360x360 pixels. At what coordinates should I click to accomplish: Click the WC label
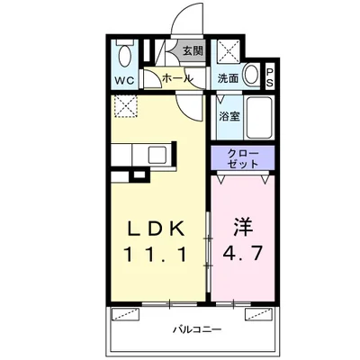click(x=125, y=81)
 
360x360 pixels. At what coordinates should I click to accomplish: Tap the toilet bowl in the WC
click(x=124, y=56)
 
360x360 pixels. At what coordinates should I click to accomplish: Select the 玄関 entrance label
click(x=193, y=50)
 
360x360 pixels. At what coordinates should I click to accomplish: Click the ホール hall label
click(x=177, y=78)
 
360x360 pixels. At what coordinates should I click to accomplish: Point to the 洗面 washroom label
click(x=228, y=78)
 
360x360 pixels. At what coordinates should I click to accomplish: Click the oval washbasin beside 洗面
click(x=251, y=75)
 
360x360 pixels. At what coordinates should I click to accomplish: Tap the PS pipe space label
click(x=269, y=77)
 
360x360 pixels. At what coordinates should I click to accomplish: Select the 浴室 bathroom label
click(x=229, y=116)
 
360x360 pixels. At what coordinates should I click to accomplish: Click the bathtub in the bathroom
click(x=259, y=117)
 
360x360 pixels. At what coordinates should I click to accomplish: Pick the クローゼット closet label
click(x=243, y=158)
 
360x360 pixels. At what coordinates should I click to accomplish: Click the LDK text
click(x=156, y=229)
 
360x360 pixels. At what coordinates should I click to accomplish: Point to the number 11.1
click(x=156, y=255)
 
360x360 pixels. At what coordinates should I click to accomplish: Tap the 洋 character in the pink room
click(x=243, y=228)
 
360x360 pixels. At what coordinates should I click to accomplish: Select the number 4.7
click(x=243, y=253)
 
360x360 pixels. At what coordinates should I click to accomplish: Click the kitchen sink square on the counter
click(x=157, y=155)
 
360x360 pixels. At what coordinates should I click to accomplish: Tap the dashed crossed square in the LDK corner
click(x=126, y=106)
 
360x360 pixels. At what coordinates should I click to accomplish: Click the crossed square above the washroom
click(x=229, y=51)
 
